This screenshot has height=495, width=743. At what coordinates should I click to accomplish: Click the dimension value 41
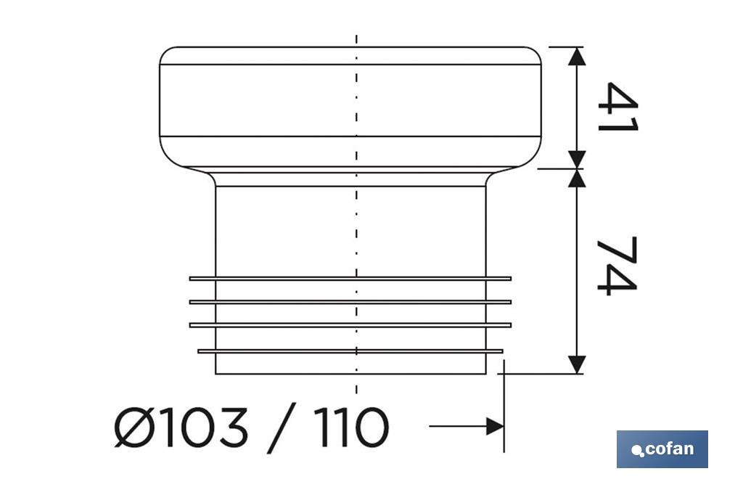point(617,107)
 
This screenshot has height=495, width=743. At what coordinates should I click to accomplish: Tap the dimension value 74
point(617,266)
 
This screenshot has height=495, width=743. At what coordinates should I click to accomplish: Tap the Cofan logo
point(662,449)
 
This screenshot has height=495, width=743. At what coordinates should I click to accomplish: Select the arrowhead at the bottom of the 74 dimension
point(576,365)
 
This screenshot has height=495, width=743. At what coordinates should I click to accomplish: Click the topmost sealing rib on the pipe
point(350,278)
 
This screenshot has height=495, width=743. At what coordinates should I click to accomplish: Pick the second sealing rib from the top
point(350,301)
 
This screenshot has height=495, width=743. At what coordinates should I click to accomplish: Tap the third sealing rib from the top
point(350,324)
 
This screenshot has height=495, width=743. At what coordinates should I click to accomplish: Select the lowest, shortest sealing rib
point(350,351)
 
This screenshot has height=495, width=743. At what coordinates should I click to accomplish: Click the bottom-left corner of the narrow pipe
point(216,374)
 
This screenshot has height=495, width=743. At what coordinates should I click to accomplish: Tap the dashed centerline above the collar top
point(356,39)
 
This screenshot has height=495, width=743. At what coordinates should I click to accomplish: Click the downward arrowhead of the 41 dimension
point(576,160)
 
